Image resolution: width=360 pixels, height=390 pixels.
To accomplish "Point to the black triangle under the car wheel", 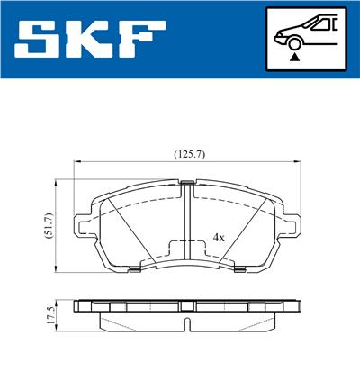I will click(293, 56).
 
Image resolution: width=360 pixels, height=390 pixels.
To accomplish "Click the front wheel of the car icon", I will click(293, 41).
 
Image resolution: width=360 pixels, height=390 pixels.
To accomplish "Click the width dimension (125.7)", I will click(190, 154).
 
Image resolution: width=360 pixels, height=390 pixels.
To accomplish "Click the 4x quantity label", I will click(219, 238).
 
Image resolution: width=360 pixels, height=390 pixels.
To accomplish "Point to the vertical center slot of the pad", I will click(187, 225).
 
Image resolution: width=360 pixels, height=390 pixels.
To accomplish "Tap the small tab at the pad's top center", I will click(187, 184).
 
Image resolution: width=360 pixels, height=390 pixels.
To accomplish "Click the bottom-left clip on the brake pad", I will click(131, 268).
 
